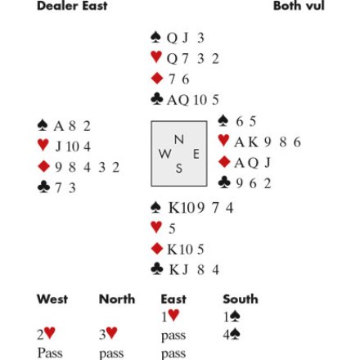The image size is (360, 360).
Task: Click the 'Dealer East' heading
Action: pyautogui.click(x=72, y=6)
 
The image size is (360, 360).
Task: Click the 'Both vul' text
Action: pyautogui.click(x=299, y=6)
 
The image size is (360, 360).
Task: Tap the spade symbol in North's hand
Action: pyautogui.click(x=155, y=38)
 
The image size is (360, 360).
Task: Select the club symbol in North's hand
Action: pyautogui.click(x=157, y=99)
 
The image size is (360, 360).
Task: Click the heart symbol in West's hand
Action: pyautogui.click(x=43, y=145)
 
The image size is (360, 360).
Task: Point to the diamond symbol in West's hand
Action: pyautogui.click(x=43, y=166)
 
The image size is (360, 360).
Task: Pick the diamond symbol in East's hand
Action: pyautogui.click(x=224, y=162)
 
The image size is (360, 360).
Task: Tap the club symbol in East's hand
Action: pyautogui.click(x=224, y=182)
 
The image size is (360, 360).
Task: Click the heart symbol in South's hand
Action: pyautogui.click(x=156, y=227)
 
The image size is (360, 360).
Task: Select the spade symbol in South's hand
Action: pyautogui.click(x=155, y=207)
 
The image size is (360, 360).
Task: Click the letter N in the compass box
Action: pyautogui.click(x=179, y=140)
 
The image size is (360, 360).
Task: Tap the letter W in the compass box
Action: pyautogui.click(x=165, y=154)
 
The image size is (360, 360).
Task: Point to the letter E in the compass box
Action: pyautogui.click(x=196, y=155)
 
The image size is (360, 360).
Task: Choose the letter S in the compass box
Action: pyautogui.click(x=179, y=169)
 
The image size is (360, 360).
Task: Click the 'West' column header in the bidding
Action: pyautogui.click(x=52, y=299)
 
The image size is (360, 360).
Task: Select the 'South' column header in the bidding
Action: pyautogui.click(x=241, y=299)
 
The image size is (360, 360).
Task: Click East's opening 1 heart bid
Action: pyautogui.click(x=170, y=316)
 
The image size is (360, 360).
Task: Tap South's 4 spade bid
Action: pyautogui.click(x=232, y=335)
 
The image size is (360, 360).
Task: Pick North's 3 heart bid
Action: pyautogui.click(x=108, y=334)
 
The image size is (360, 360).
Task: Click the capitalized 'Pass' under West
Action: pyautogui.click(x=50, y=353)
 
